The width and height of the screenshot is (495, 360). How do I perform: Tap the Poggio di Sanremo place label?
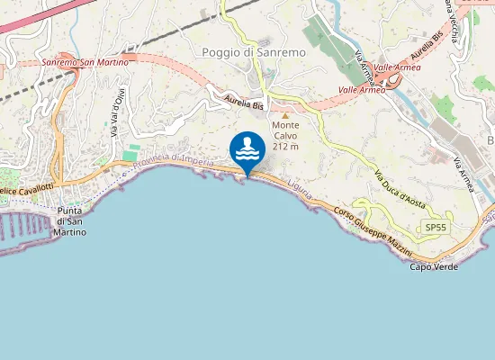coord(254,52)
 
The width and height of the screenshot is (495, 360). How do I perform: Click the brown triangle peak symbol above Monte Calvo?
coord(285,115)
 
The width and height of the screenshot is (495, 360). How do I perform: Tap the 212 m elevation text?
coord(285,146)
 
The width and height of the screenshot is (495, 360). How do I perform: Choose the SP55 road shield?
coord(435,228)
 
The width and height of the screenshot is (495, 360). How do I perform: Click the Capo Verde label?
coord(434,266)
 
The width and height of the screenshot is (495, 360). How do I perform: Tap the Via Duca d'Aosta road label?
coord(399,188)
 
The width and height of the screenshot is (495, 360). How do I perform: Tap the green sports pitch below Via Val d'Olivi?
coord(132,154)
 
